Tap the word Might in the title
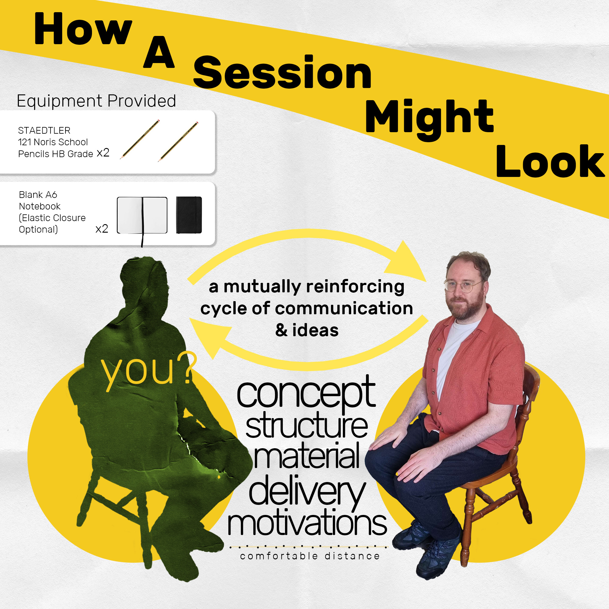click(x=429, y=119)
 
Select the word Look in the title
click(x=550, y=161)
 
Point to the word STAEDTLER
click(x=44, y=131)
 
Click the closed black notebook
click(x=189, y=215)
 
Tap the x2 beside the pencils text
click(x=103, y=153)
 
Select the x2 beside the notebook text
click(x=102, y=229)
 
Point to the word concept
click(x=306, y=394)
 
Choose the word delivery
click(x=307, y=492)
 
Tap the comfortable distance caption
click(x=310, y=556)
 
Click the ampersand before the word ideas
click(x=281, y=331)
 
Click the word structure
click(x=306, y=426)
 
